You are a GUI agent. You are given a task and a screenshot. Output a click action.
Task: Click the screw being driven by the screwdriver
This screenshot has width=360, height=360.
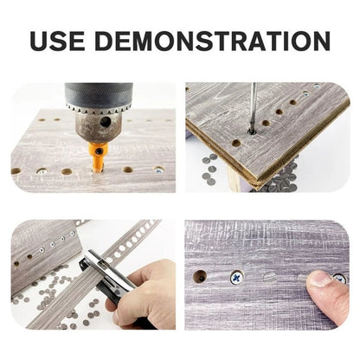[251, 132]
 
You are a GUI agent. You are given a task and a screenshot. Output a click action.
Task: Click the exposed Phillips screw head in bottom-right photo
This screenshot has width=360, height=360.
[236, 278]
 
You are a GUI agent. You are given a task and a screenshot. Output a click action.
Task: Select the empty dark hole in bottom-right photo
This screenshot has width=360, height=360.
[200, 278]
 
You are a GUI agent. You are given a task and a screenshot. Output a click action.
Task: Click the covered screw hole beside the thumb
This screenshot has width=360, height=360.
[269, 278]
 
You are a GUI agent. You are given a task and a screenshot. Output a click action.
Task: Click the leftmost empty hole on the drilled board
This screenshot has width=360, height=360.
[16, 170]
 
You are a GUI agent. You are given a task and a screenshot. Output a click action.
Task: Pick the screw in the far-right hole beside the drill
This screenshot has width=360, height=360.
[159, 170]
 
